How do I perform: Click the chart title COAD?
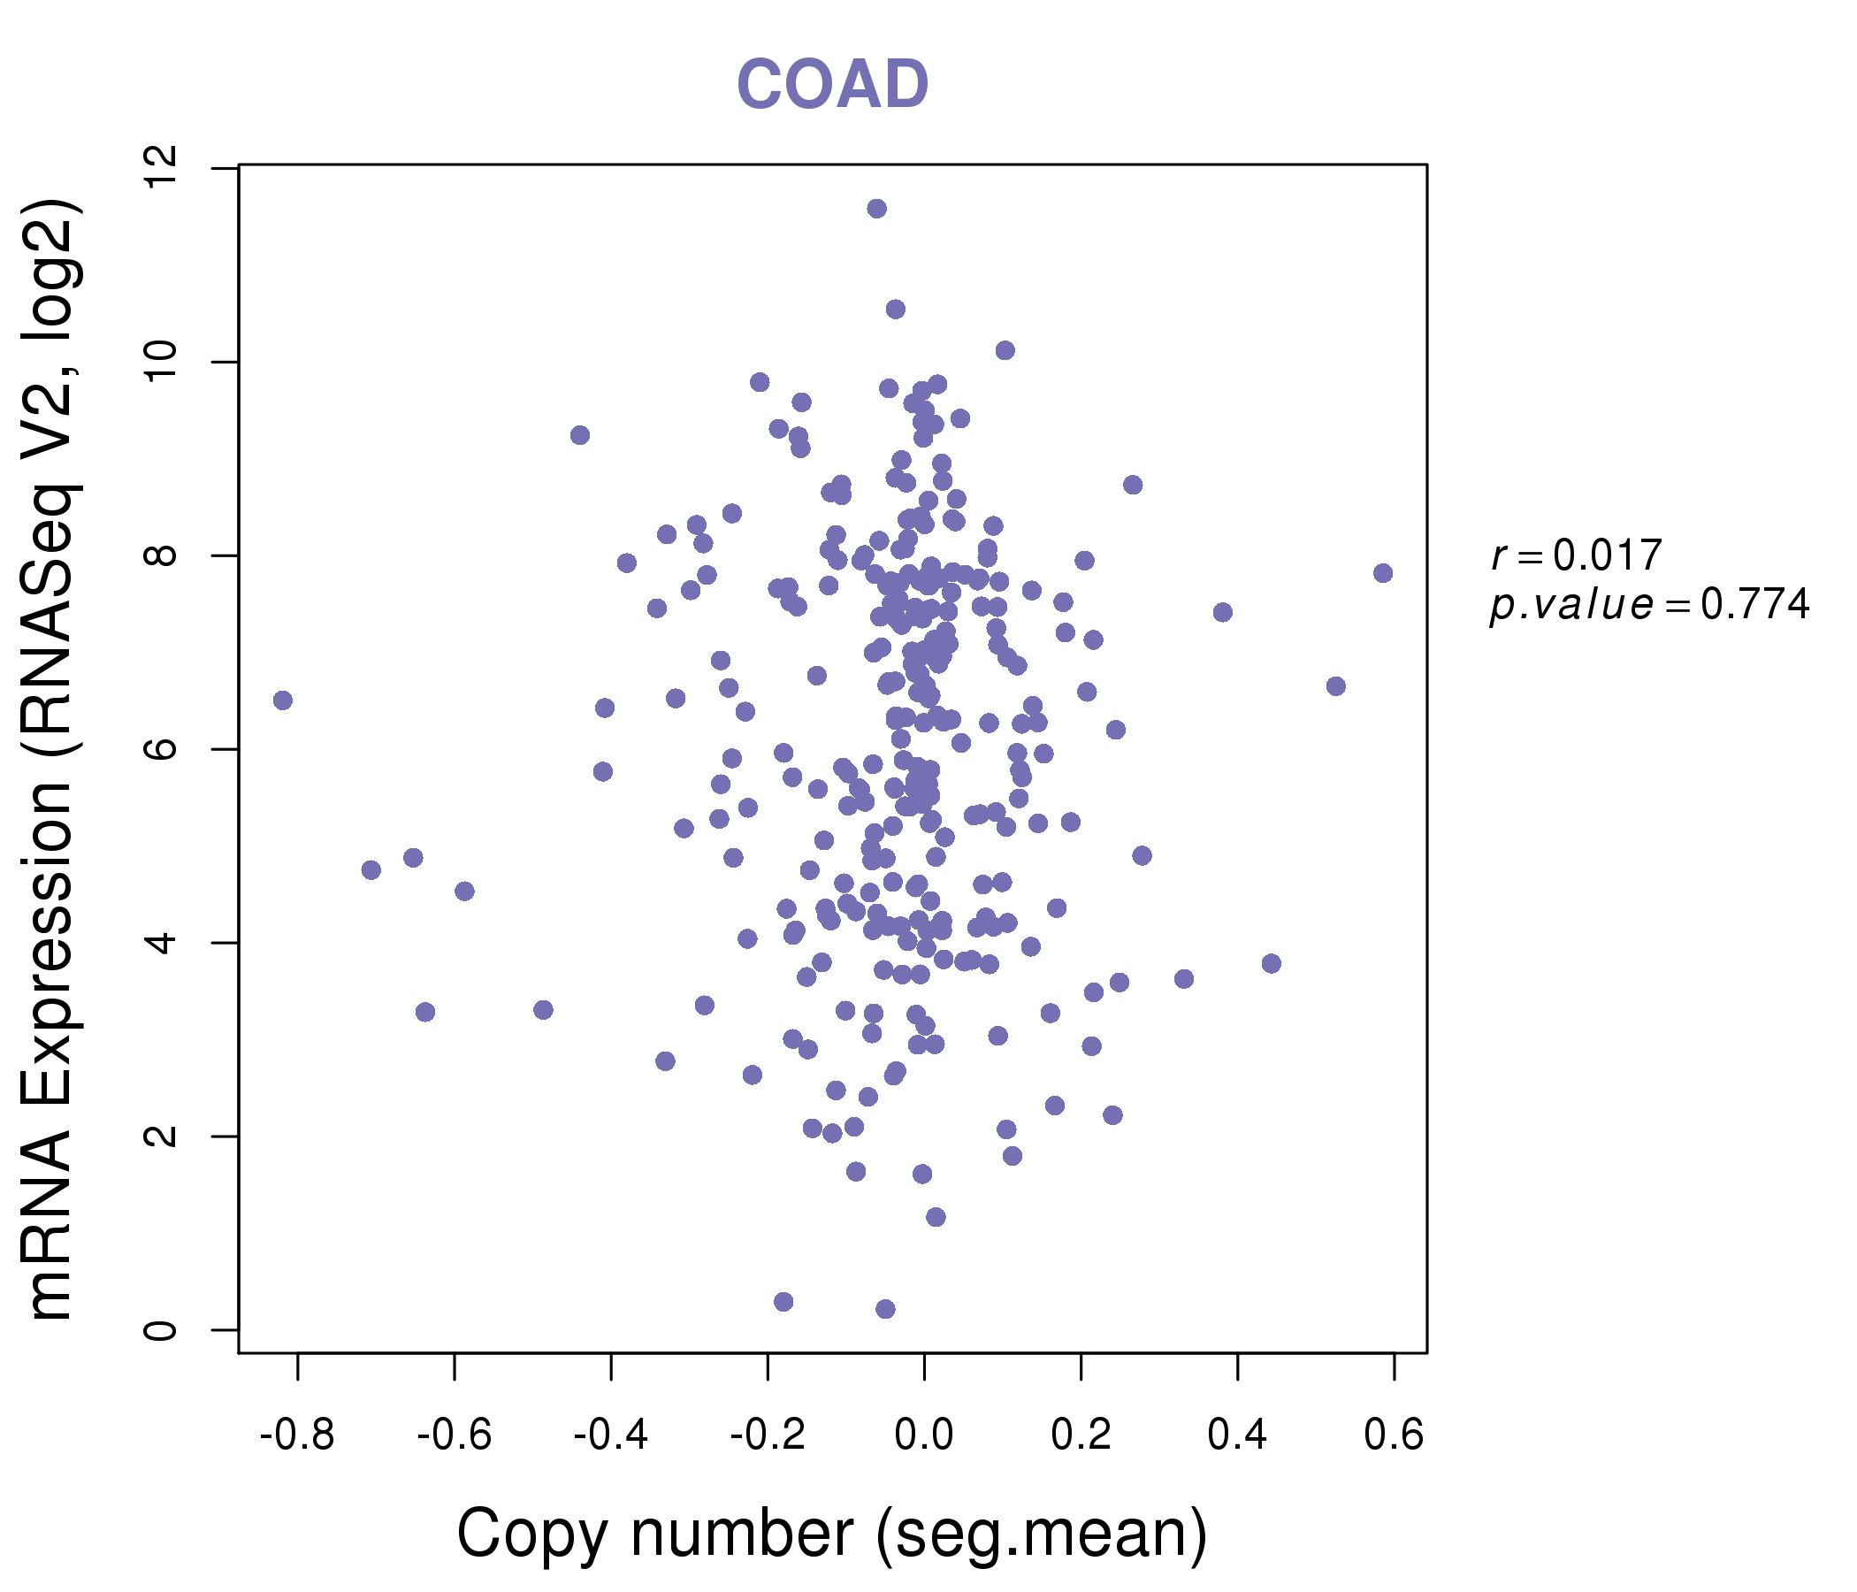click(832, 85)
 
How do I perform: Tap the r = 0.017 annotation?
click(1577, 555)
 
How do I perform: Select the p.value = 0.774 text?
click(1649, 605)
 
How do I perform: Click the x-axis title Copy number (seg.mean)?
click(832, 1534)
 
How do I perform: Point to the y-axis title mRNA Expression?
click(52, 760)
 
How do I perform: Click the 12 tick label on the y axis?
click(162, 169)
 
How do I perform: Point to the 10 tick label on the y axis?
click(162, 362)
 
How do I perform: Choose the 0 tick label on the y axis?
click(162, 1329)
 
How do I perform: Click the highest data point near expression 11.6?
click(876, 209)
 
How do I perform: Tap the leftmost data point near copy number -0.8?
click(282, 700)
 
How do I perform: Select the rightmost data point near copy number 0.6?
click(1383, 573)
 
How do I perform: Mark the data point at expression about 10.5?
click(895, 310)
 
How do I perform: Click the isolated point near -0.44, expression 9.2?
click(580, 435)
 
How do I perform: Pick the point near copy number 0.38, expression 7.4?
click(1222, 612)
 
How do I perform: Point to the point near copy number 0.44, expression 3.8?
click(1271, 964)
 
